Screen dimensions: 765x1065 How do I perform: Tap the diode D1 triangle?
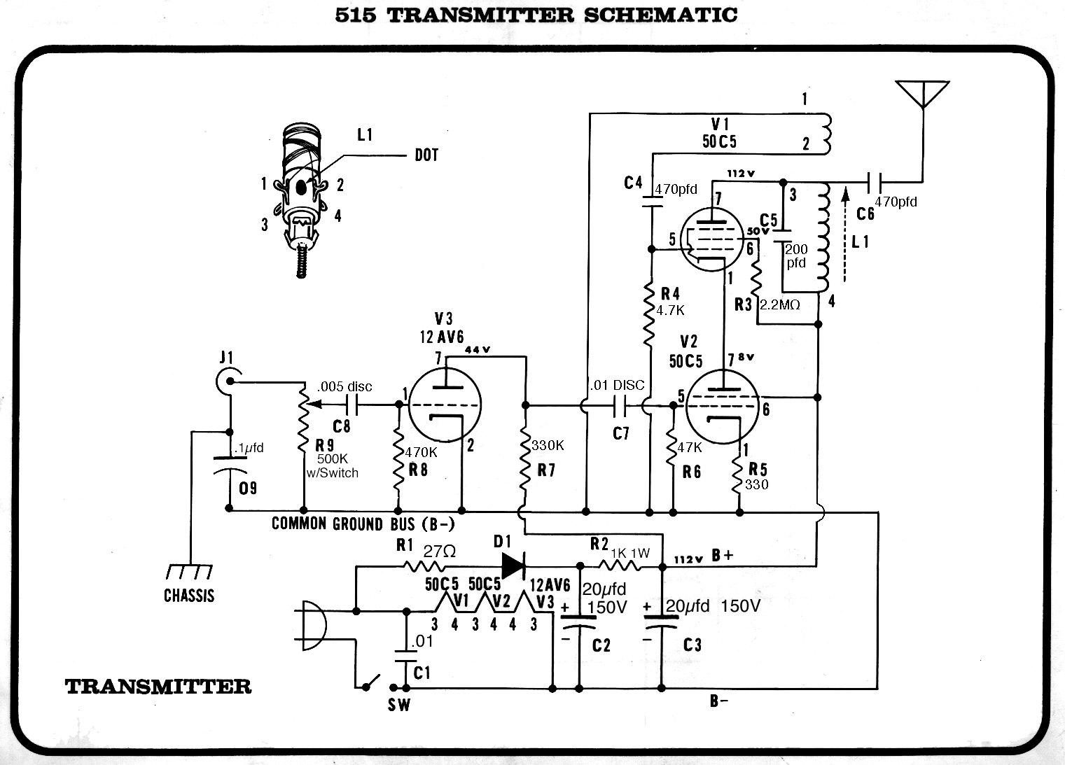[513, 566]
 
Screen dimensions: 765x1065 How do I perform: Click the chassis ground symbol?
[189, 573]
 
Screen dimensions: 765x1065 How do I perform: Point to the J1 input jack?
[227, 381]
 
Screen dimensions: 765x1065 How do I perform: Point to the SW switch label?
[399, 705]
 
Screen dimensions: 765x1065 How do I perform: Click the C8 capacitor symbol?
[353, 404]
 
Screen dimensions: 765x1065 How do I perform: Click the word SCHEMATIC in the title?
[660, 15]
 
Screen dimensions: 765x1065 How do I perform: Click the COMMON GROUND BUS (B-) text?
[370, 524]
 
